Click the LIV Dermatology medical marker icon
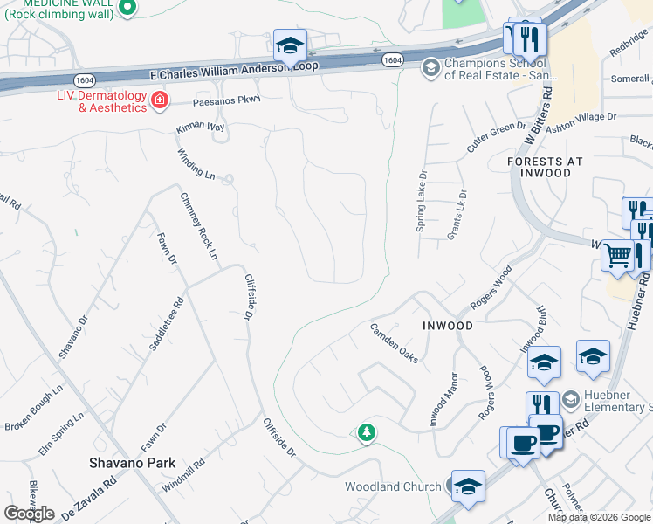[159, 102]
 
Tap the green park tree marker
[367, 432]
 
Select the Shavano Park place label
[133, 463]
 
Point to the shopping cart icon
[616, 255]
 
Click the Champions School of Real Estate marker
[430, 67]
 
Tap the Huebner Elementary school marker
[571, 399]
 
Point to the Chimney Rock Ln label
[198, 226]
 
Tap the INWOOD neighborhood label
[448, 326]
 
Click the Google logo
[29, 514]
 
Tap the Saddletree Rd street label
[166, 325]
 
